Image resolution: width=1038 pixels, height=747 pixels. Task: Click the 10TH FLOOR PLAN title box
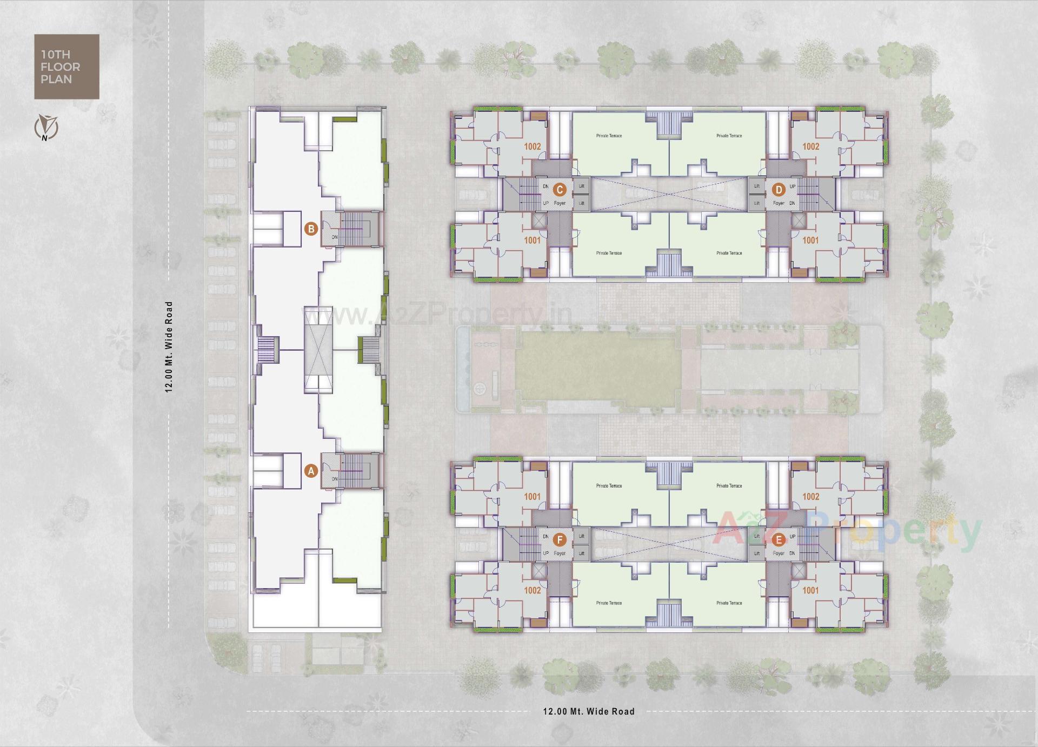(66, 66)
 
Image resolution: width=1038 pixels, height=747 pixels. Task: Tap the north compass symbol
(46, 128)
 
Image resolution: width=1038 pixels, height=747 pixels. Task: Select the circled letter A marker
(311, 471)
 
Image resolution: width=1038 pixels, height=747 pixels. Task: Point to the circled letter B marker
(311, 229)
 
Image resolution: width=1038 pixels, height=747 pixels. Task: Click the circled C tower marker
(560, 189)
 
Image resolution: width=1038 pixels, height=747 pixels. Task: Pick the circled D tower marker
(778, 189)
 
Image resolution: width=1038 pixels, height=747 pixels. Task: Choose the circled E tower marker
(778, 539)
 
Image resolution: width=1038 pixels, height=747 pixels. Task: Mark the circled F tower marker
(560, 539)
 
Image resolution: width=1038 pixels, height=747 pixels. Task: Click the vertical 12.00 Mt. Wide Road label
(169, 346)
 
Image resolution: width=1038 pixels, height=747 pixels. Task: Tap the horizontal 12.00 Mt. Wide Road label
(589, 711)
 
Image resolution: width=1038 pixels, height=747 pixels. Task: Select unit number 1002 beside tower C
(532, 146)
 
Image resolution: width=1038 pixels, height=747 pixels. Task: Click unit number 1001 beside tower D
(810, 240)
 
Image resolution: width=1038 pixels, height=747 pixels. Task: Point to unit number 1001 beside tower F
(532, 496)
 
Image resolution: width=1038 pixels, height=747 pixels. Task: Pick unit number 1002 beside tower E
(810, 496)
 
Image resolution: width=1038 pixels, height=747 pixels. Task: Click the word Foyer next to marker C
(560, 203)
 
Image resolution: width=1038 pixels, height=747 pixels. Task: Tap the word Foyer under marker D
(778, 203)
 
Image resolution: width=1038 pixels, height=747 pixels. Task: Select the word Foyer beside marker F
(560, 553)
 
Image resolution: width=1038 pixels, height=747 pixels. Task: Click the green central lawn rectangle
(595, 370)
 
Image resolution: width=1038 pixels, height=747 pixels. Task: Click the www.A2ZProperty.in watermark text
(436, 316)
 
